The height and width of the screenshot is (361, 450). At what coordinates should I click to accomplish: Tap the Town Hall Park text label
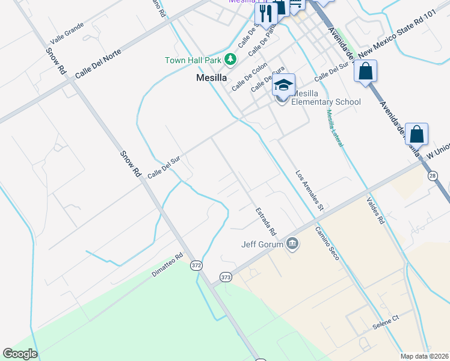(193, 60)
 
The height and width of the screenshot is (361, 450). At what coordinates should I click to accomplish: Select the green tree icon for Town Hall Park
(230, 59)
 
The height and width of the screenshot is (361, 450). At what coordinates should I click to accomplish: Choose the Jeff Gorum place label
(262, 244)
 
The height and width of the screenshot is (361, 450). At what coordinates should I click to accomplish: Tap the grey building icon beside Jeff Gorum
(292, 243)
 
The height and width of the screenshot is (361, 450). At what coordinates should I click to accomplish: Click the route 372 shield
(196, 265)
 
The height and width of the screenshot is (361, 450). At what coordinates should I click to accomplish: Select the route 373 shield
(226, 277)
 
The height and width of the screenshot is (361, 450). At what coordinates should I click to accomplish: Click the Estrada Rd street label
(265, 221)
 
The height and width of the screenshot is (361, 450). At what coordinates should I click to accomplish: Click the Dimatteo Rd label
(167, 265)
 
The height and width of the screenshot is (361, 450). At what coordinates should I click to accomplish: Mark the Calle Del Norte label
(98, 65)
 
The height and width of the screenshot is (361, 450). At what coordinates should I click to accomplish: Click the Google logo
(20, 354)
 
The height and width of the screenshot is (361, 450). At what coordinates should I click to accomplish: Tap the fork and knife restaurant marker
(265, 13)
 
